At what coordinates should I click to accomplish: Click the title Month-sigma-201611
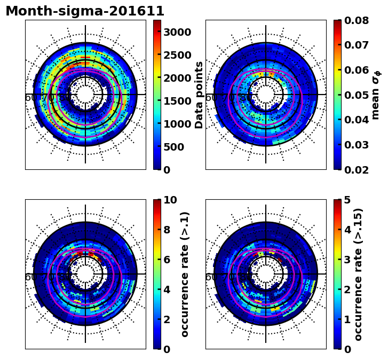pyautogui.click(x=85, y=11)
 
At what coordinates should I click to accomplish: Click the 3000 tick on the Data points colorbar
pyautogui.click(x=177, y=32)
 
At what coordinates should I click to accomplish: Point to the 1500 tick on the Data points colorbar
pyautogui.click(x=177, y=101)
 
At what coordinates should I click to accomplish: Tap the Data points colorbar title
pyautogui.click(x=200, y=95)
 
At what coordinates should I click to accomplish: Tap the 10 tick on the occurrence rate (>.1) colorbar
pyautogui.click(x=170, y=200)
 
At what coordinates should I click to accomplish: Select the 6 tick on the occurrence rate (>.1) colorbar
pyautogui.click(x=167, y=260)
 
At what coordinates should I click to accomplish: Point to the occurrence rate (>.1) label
pyautogui.click(x=185, y=274)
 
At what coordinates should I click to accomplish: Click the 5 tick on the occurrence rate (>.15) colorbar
pyautogui.click(x=347, y=200)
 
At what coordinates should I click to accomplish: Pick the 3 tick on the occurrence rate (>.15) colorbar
pyautogui.click(x=347, y=260)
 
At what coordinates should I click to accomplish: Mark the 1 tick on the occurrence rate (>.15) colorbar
pyautogui.click(x=347, y=319)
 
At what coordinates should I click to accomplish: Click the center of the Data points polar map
pyautogui.click(x=85, y=95)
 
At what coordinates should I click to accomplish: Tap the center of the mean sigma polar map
pyautogui.click(x=266, y=95)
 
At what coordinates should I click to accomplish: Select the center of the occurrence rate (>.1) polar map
pyautogui.click(x=85, y=274)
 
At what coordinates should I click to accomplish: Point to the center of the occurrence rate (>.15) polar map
pyautogui.click(x=266, y=274)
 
